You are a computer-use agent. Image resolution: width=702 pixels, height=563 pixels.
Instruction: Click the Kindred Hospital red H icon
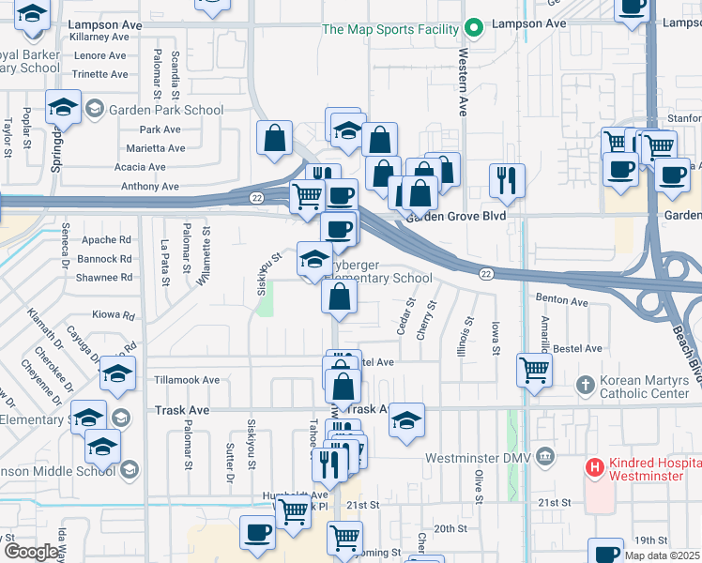[x=593, y=466]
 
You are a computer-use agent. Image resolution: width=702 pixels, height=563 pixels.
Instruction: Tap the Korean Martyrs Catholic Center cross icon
[x=585, y=384]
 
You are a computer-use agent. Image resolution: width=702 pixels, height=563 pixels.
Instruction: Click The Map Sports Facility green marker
[x=475, y=28]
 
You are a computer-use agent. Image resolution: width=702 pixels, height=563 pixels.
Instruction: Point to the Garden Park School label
[x=165, y=110]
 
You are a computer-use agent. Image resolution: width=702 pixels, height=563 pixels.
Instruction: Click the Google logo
[x=31, y=553]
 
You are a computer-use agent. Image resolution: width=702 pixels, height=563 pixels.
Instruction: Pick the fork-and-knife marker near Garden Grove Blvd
[x=507, y=178]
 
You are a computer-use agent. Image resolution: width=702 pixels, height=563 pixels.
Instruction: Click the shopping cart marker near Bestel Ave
[x=534, y=369]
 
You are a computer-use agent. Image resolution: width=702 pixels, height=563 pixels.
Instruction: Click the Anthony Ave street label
[x=149, y=186]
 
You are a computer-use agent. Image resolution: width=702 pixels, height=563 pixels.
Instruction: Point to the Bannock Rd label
[x=104, y=258]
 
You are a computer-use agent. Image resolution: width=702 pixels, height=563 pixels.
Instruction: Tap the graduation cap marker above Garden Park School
[x=63, y=106]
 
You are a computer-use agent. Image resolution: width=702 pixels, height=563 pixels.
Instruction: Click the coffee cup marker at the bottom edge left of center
[x=257, y=532]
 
